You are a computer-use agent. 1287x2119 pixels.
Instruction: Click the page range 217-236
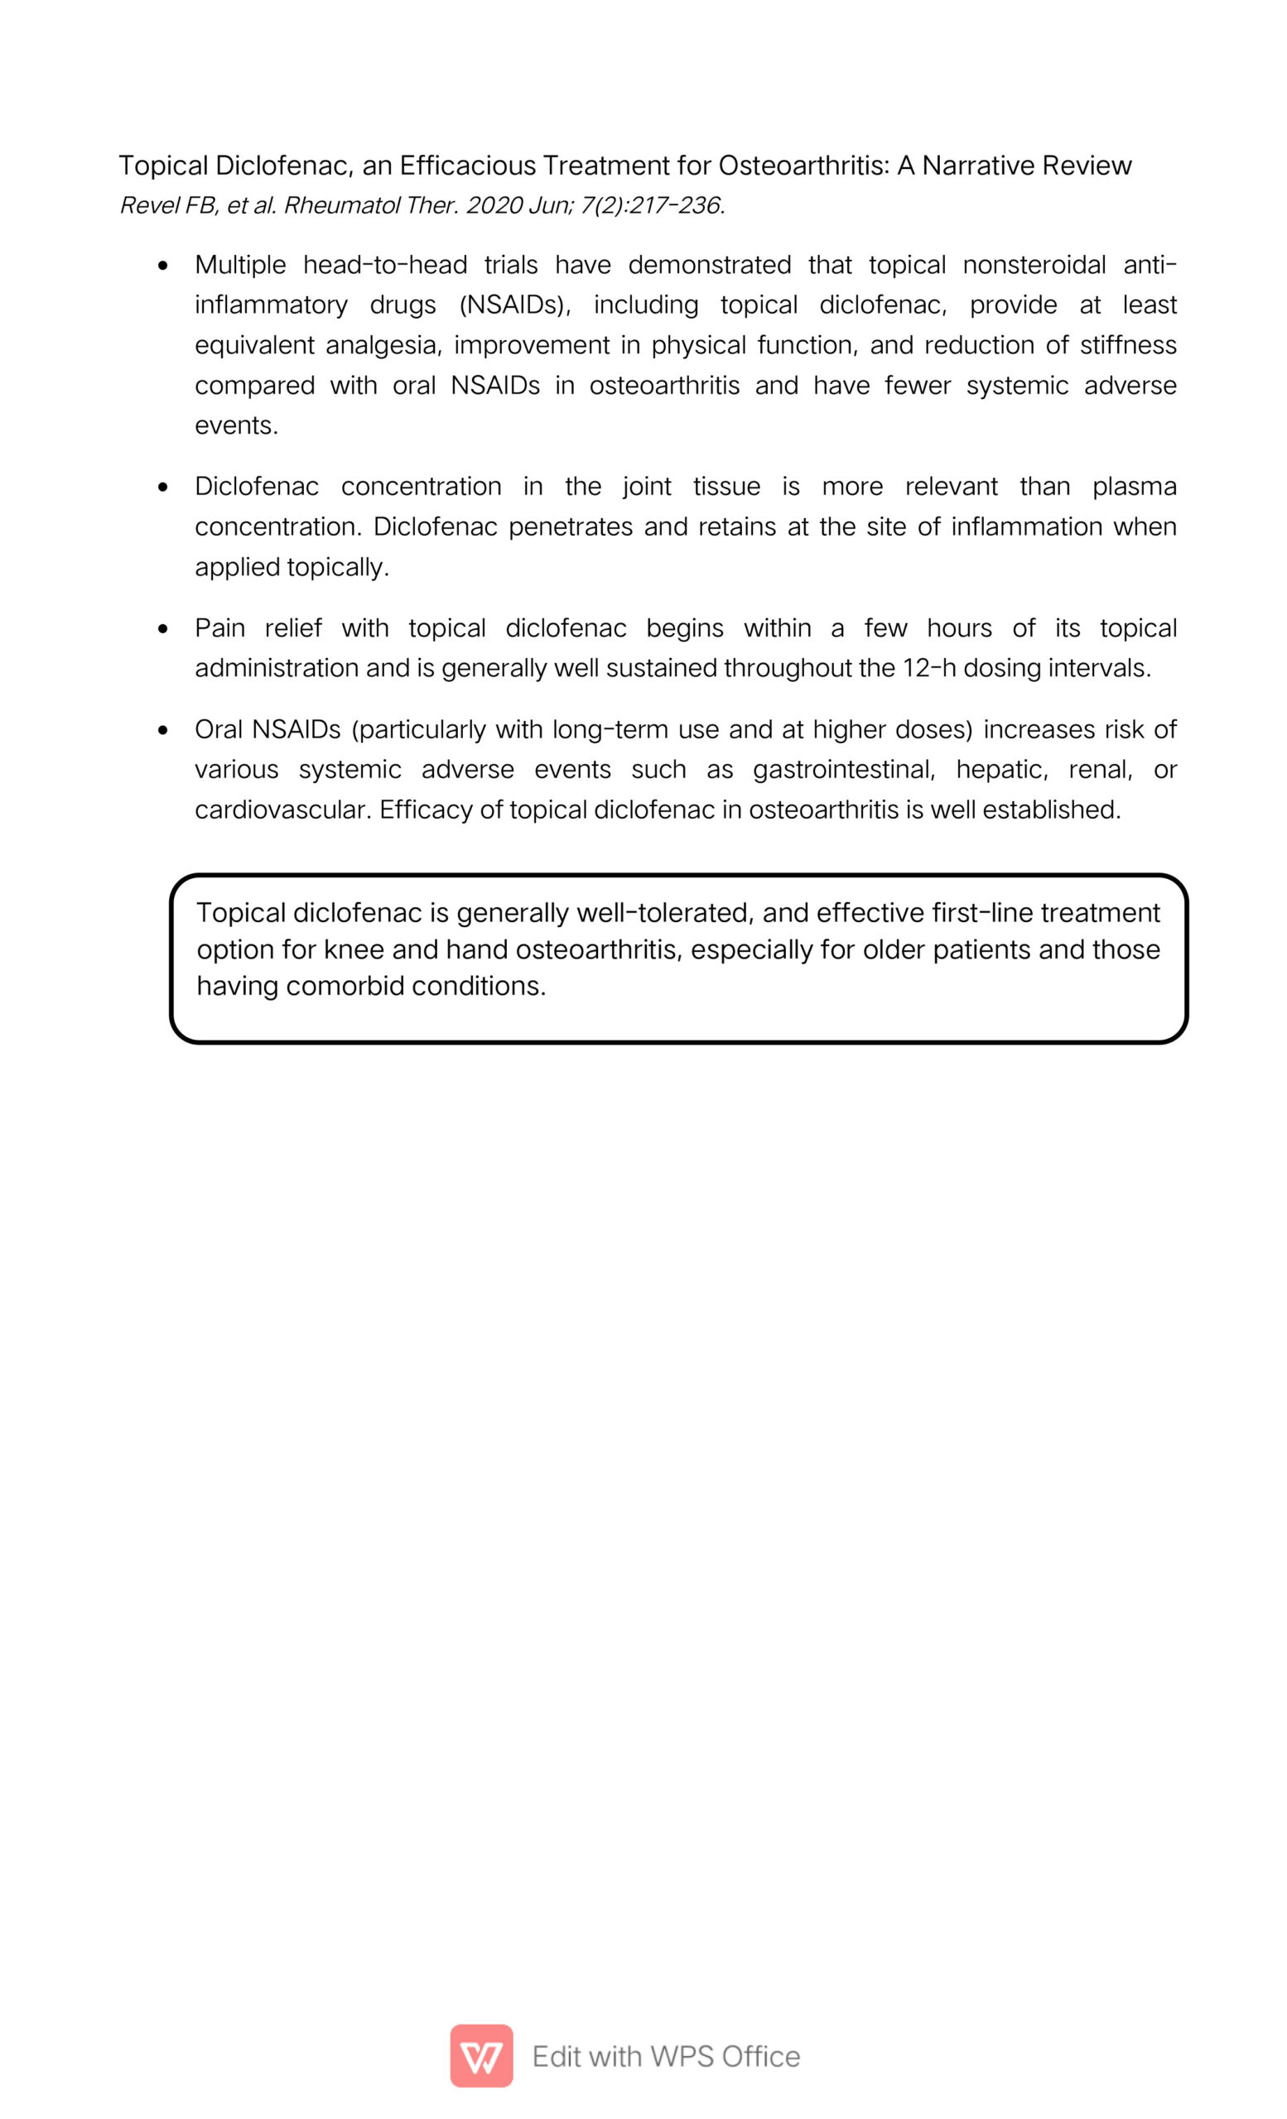coord(675,205)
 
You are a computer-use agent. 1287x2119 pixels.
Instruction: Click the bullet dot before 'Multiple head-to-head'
coord(163,266)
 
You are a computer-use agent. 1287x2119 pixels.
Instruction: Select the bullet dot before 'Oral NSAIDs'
coord(163,731)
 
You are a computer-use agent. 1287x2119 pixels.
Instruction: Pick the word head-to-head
coord(384,265)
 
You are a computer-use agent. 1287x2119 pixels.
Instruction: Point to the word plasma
coord(1134,487)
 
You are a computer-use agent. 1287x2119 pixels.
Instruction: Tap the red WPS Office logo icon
coord(481,2056)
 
